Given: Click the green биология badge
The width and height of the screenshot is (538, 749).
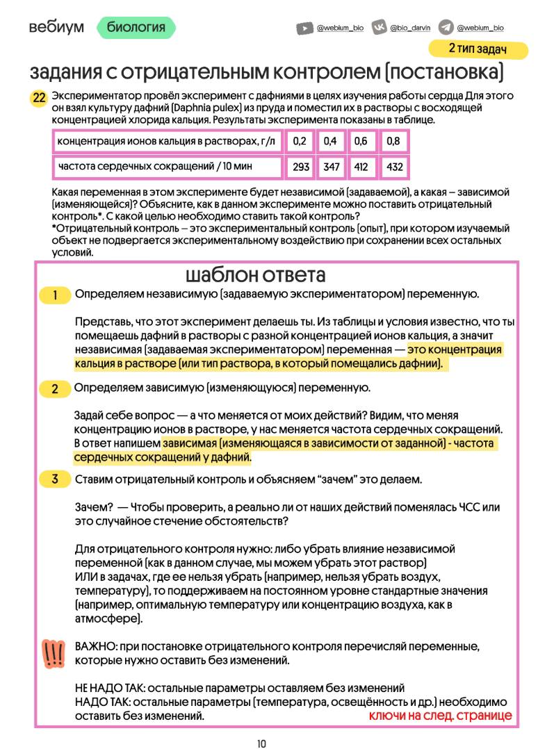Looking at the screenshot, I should pyautogui.click(x=136, y=27).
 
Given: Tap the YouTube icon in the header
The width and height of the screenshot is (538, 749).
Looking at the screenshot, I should pyautogui.click(x=304, y=28).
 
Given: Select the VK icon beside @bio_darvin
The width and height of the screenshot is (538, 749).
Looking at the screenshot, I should pyautogui.click(x=380, y=28).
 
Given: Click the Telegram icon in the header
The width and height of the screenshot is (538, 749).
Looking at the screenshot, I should pyautogui.click(x=446, y=28).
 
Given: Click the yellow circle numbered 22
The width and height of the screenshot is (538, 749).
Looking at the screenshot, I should pyautogui.click(x=39, y=99).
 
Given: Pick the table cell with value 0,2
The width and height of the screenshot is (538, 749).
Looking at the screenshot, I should pyautogui.click(x=300, y=142).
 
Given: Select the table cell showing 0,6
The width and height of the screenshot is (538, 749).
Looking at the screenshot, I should pyautogui.click(x=361, y=142).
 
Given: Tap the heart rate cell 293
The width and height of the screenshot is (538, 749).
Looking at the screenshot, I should pyautogui.click(x=300, y=167).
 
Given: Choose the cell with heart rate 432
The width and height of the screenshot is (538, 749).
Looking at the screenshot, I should pyautogui.click(x=394, y=167).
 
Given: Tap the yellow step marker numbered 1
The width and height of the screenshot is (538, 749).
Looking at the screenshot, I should pyautogui.click(x=55, y=295).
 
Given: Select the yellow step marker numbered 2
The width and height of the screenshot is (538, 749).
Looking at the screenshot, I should pyautogui.click(x=55, y=388).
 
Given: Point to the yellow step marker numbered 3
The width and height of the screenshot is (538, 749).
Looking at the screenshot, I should pyautogui.click(x=55, y=479).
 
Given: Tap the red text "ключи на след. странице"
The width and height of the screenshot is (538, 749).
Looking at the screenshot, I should pyautogui.click(x=439, y=715).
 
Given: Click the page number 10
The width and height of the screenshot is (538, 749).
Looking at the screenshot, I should pyautogui.click(x=261, y=743).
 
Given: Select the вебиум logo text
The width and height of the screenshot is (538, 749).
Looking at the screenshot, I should pyautogui.click(x=56, y=27).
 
